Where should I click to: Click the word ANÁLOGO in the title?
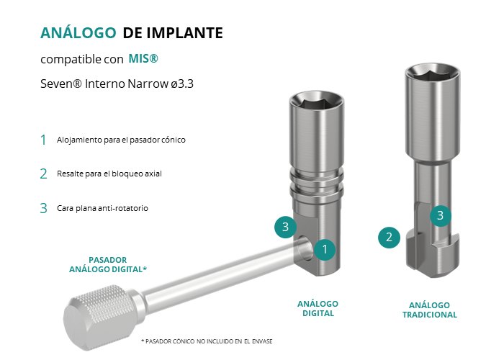click(x=78, y=32)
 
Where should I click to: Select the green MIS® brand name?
click(x=143, y=58)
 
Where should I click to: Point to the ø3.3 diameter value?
click(x=182, y=84)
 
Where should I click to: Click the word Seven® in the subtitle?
click(x=61, y=84)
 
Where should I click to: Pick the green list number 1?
click(x=43, y=140)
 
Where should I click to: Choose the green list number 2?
click(x=44, y=174)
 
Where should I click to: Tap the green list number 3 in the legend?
click(x=44, y=208)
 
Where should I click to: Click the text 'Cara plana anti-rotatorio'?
click(x=102, y=208)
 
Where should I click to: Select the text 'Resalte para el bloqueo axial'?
click(x=109, y=174)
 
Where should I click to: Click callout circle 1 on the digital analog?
click(x=325, y=249)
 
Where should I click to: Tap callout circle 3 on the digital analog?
click(x=285, y=227)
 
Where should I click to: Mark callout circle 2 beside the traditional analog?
click(x=389, y=238)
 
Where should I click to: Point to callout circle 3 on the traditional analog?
click(x=441, y=216)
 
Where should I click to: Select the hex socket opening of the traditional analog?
click(x=432, y=74)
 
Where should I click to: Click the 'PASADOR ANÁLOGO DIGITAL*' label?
click(x=108, y=264)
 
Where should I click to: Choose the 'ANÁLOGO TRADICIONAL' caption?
click(x=429, y=310)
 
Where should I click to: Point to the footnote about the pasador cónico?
click(x=207, y=341)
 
